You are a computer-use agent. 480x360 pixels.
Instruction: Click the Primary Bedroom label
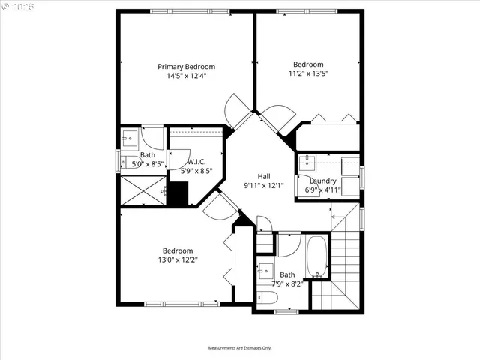pos(186,66)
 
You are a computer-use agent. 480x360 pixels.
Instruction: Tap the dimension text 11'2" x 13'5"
pos(308,73)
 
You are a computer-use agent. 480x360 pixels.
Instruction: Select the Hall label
pos(264,176)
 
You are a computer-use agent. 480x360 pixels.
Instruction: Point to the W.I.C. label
pos(196,161)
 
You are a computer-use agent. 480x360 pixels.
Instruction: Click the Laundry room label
pos(323,181)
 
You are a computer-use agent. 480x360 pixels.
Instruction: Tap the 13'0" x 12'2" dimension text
pos(178,259)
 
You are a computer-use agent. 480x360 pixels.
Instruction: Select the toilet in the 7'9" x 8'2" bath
pos(266,298)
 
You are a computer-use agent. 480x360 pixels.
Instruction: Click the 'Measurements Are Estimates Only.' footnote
pos(240,348)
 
